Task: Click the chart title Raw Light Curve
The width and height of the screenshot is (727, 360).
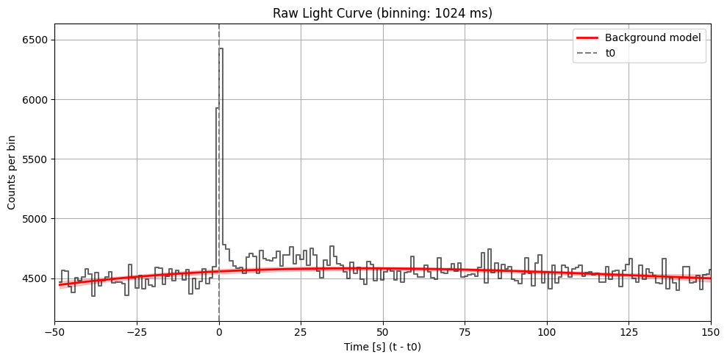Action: click(x=383, y=13)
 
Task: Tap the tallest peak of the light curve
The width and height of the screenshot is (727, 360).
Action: click(x=221, y=50)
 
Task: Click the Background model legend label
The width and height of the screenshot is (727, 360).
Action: click(x=651, y=37)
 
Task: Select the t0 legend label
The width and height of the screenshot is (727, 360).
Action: click(x=611, y=53)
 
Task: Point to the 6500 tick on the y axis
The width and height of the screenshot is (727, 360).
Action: click(x=37, y=40)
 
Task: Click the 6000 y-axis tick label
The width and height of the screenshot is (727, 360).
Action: click(x=37, y=99)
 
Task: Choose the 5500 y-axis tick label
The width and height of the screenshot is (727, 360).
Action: click(x=37, y=159)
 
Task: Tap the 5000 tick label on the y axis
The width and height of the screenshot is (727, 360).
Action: click(x=37, y=219)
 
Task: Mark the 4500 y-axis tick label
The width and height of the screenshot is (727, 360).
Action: click(x=37, y=278)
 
